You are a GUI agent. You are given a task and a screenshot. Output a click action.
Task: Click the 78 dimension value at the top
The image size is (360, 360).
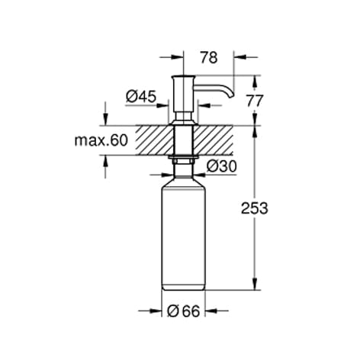pyautogui.click(x=209, y=57)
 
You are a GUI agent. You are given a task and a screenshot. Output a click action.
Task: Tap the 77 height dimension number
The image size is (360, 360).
pyautogui.click(x=255, y=101)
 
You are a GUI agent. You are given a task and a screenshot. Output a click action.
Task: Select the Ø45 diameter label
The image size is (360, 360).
pyautogui.click(x=141, y=97)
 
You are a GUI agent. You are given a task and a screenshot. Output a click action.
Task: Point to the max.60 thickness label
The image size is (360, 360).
pyautogui.click(x=101, y=140)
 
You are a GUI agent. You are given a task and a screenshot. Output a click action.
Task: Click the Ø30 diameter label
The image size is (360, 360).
pyautogui.click(x=222, y=166)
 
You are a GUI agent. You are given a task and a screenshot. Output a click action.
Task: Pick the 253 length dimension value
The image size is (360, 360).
pyautogui.click(x=255, y=208)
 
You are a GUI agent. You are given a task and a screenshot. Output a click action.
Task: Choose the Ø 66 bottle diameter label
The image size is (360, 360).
pyautogui.click(x=184, y=311)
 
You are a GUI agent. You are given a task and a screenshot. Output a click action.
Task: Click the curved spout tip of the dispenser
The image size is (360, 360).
pyautogui.click(x=231, y=95)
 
